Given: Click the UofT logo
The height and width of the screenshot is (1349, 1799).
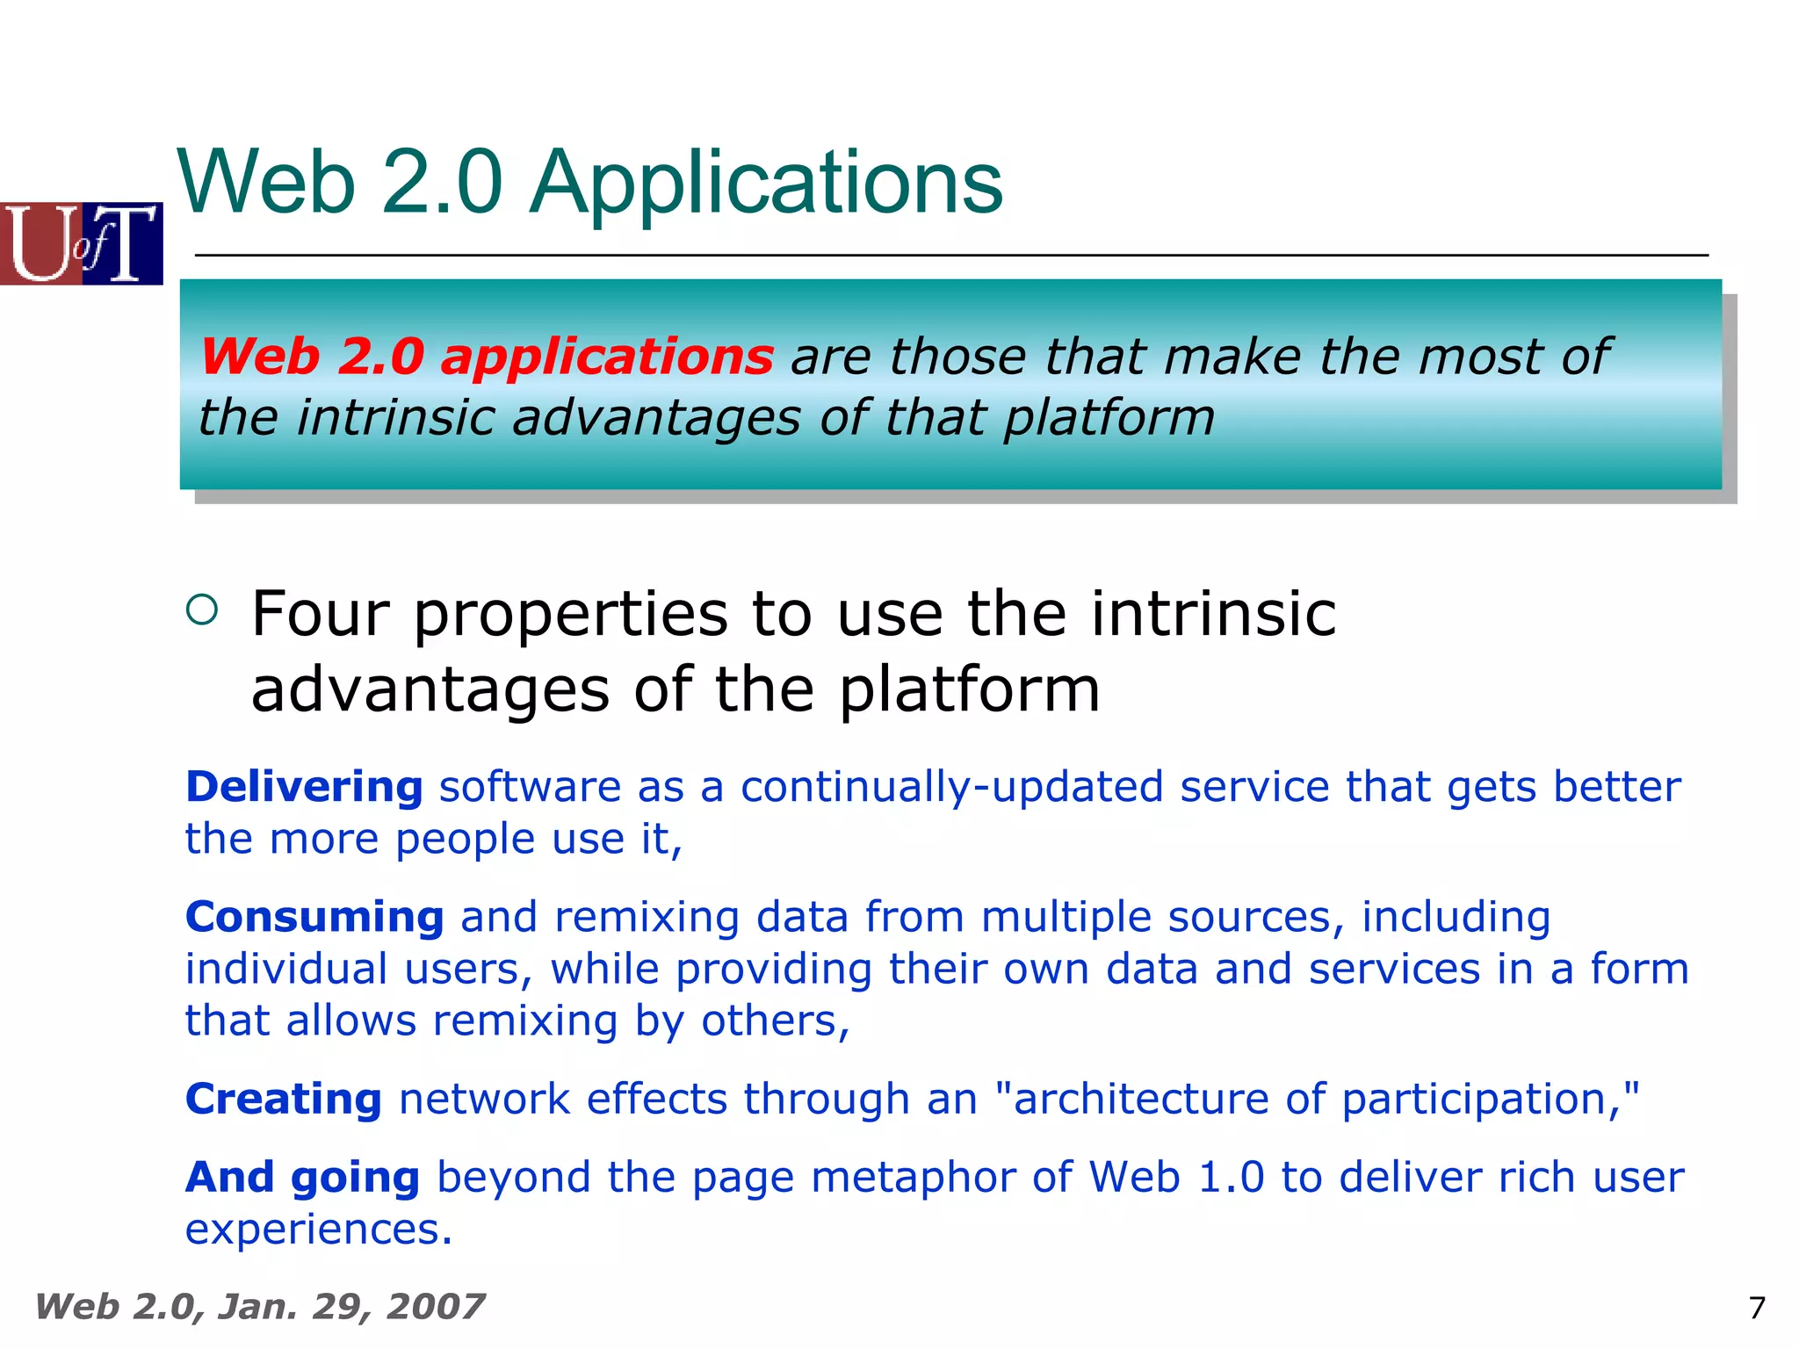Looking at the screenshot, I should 81,243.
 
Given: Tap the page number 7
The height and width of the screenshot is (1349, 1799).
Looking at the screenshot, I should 1757,1309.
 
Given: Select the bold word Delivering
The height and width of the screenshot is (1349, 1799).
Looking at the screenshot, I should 304,786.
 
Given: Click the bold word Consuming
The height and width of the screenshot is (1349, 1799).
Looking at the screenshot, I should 314,917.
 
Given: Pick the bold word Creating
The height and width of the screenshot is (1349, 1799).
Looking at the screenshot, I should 284,1099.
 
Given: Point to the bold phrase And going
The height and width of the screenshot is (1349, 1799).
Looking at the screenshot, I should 303,1177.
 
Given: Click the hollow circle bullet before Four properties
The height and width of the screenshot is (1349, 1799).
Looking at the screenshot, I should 202,609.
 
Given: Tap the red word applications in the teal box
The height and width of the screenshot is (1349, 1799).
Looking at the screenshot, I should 606,357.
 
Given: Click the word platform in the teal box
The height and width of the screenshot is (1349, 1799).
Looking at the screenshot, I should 1109,417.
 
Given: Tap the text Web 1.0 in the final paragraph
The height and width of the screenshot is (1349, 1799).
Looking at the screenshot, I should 1177,1177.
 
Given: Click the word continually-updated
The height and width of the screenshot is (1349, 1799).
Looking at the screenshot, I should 951,786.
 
